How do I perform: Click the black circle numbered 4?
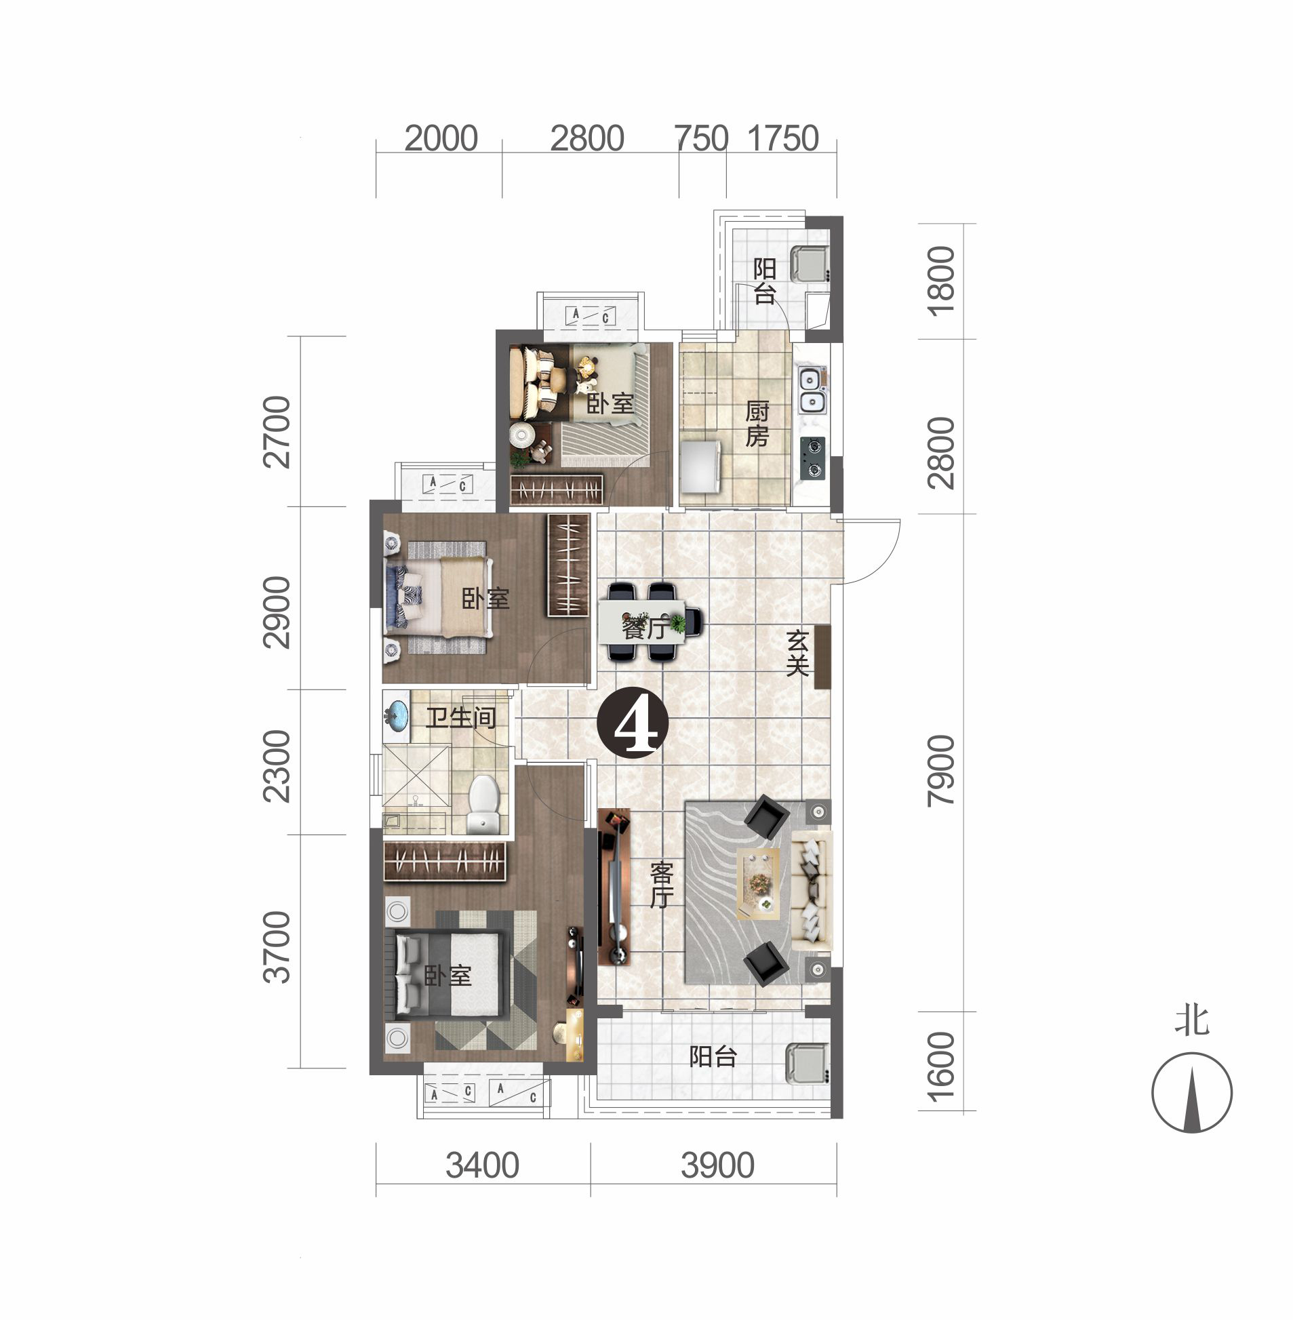click(632, 722)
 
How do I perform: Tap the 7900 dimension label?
click(940, 771)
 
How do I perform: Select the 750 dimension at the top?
click(702, 138)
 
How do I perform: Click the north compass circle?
click(1191, 1092)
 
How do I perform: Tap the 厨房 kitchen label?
click(757, 424)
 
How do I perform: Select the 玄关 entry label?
click(797, 653)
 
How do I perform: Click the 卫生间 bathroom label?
click(461, 717)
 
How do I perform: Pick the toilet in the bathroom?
click(483, 804)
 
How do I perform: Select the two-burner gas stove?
click(812, 458)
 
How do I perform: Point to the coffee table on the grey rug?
click(759, 883)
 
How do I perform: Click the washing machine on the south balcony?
click(807, 1064)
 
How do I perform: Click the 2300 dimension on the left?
click(277, 767)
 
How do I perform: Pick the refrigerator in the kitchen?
click(701, 466)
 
